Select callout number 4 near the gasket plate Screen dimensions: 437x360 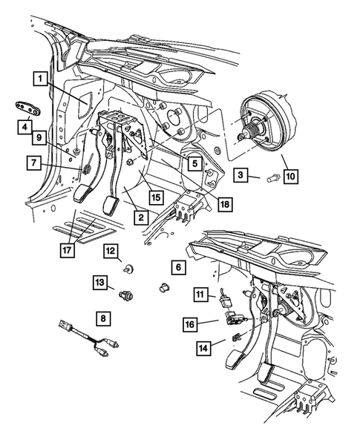(x=24, y=127)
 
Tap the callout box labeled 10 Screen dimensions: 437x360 (x=289, y=176)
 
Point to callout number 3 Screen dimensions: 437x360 (x=241, y=175)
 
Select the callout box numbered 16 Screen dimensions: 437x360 (x=191, y=323)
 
